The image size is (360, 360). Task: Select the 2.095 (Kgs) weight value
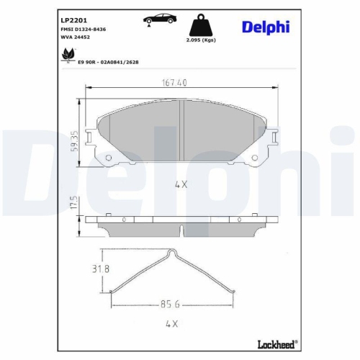tap(200, 42)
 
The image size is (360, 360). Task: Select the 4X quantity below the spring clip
tap(171, 324)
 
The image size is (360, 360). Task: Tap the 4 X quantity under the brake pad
tap(180, 184)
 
